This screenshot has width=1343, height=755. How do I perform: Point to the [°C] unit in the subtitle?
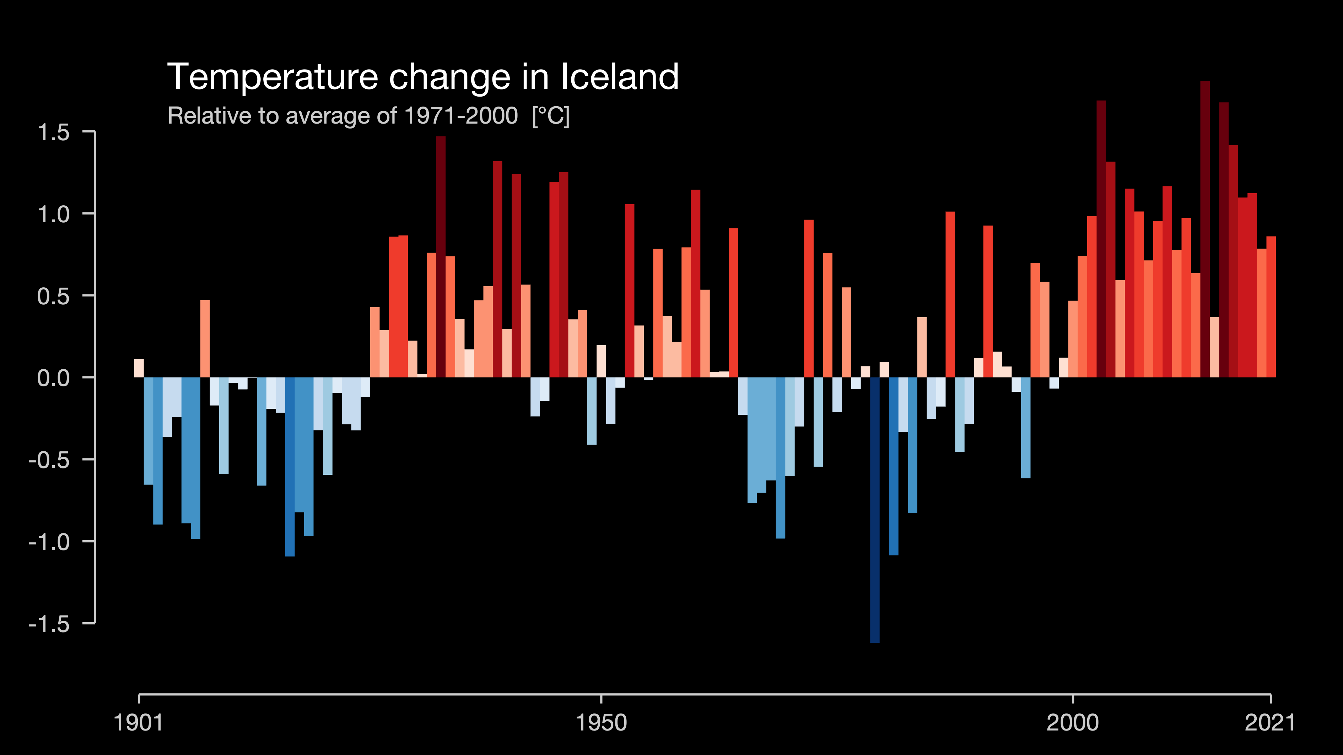pos(551,116)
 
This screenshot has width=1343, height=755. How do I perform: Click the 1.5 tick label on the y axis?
pos(53,132)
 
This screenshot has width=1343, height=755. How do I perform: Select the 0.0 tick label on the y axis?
pos(53,378)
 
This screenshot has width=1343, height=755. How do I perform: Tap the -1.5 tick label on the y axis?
pos(49,623)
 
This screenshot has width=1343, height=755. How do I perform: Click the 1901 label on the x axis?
pos(138,723)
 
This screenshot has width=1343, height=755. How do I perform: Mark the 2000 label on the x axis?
pos(1072,723)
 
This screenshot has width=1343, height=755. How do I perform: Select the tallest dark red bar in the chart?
pos(1205,229)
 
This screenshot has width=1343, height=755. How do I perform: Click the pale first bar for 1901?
pos(139,368)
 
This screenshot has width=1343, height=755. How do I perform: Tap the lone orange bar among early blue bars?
pos(205,339)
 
